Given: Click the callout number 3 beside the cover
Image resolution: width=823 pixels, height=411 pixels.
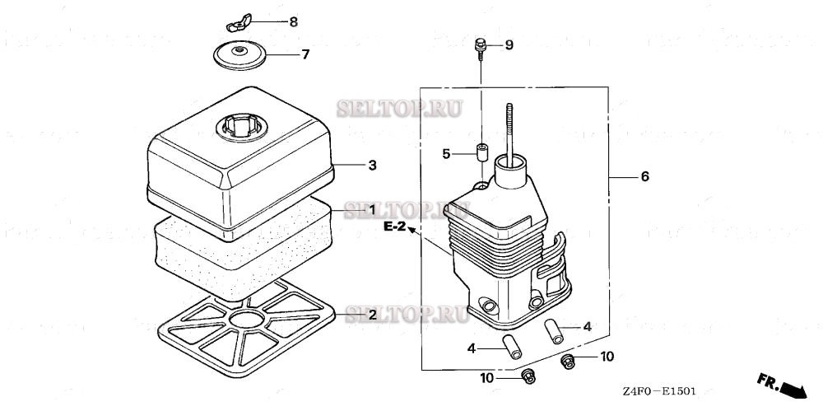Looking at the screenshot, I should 372,166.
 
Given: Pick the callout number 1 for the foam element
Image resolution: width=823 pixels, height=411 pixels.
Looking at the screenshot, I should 372,210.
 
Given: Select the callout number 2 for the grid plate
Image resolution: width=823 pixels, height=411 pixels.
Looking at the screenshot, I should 372,315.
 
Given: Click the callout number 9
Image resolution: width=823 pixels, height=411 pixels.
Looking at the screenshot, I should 509,44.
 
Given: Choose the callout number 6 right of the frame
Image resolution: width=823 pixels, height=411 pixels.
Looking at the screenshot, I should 644,177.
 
